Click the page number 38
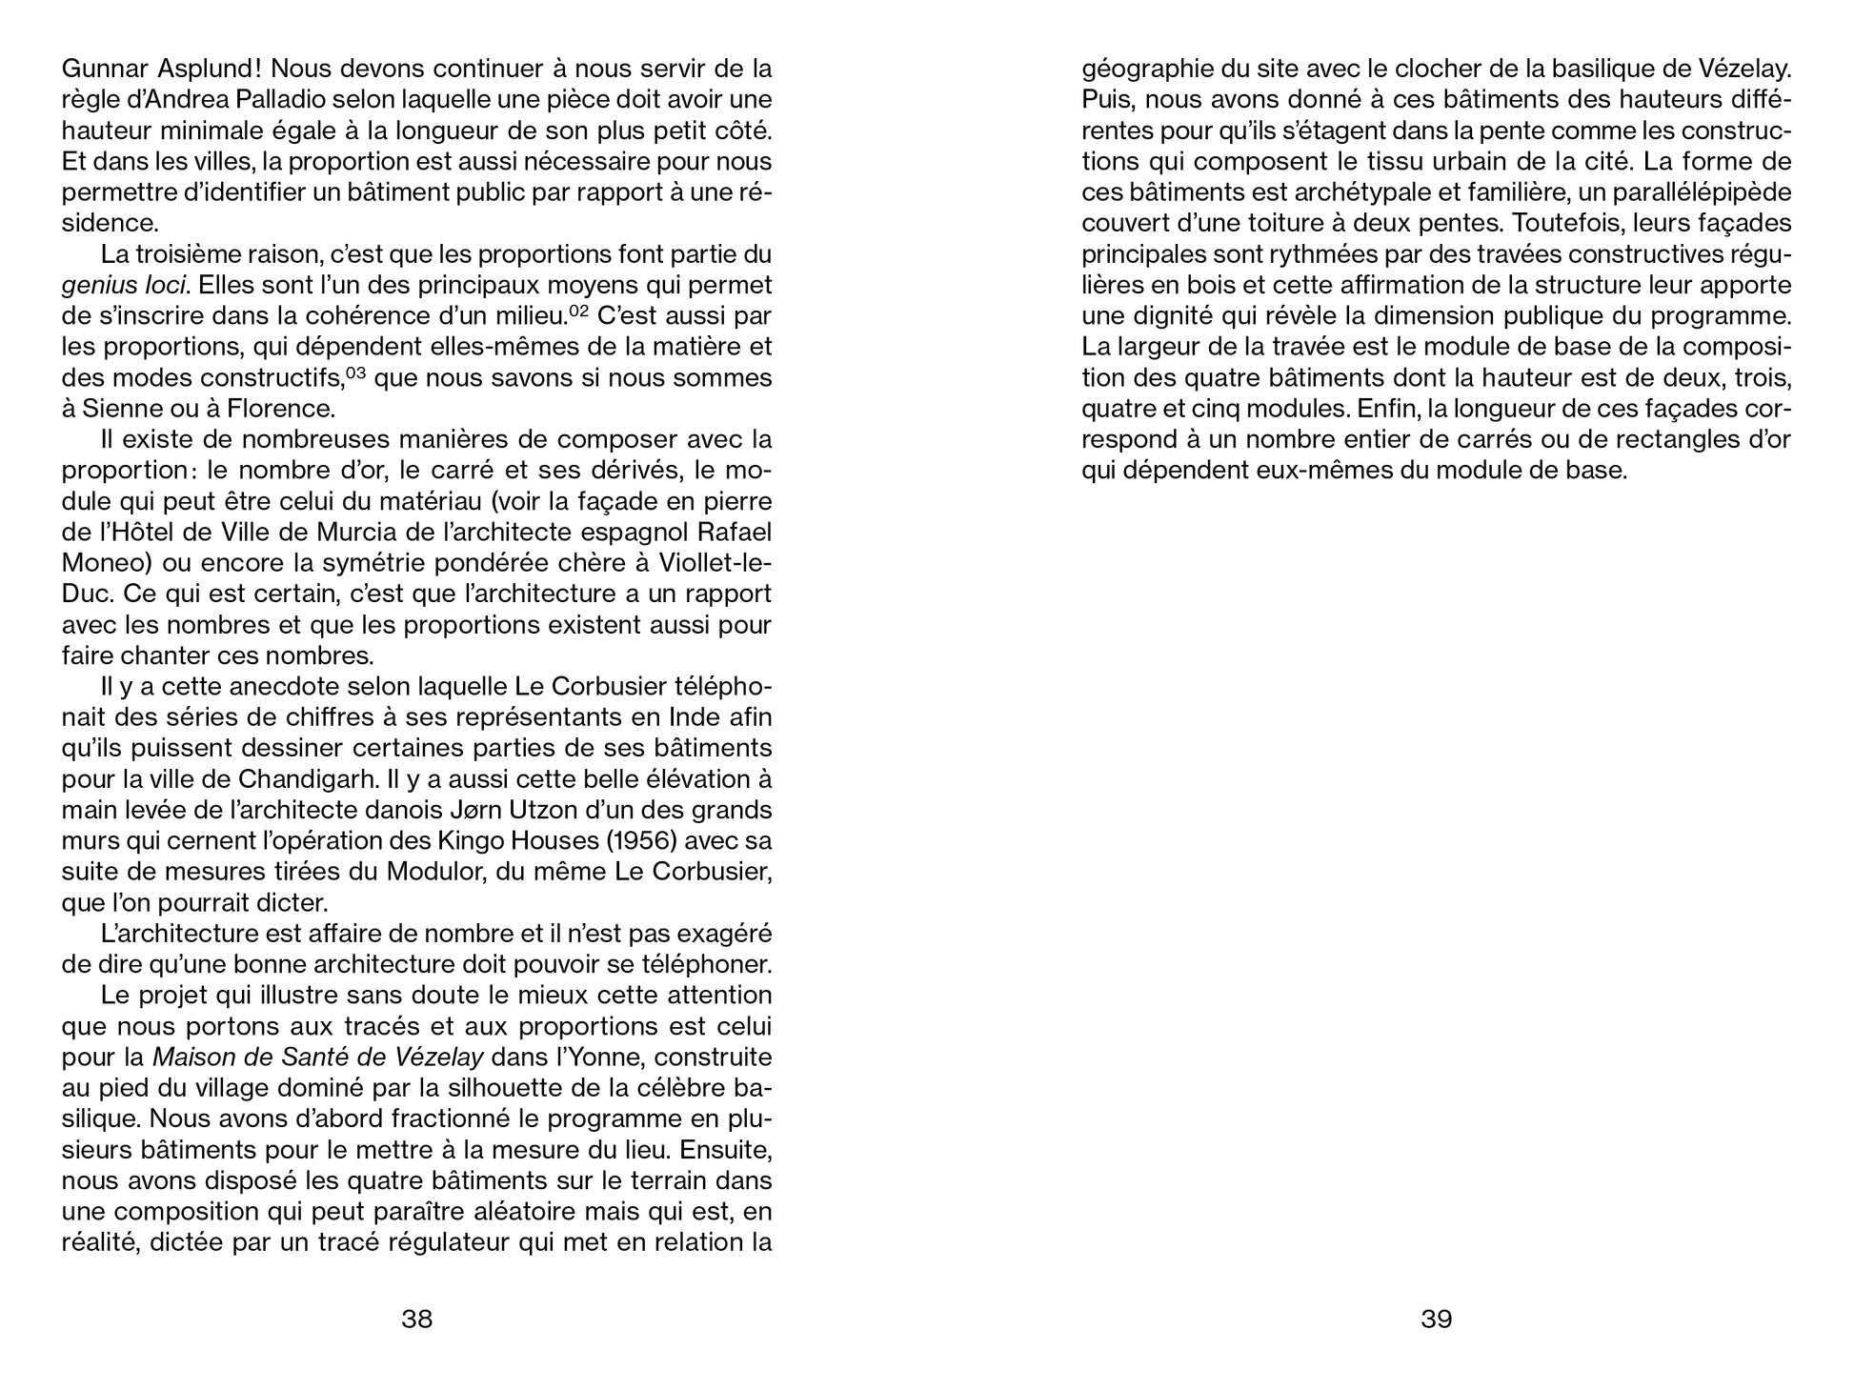pyautogui.click(x=417, y=1319)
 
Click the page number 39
pyautogui.click(x=1436, y=1319)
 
